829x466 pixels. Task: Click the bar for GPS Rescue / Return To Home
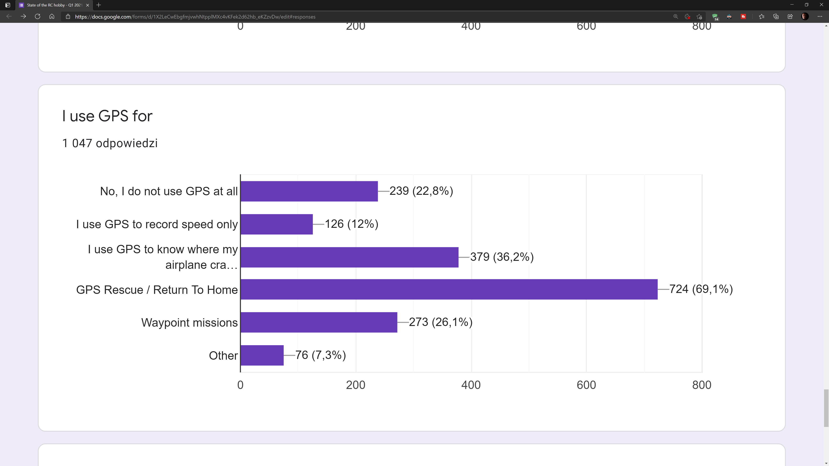click(449, 289)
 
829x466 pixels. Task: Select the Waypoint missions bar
click(319, 322)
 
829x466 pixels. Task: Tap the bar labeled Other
click(262, 355)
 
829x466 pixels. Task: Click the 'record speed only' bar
click(276, 224)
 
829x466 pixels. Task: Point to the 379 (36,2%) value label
click(502, 257)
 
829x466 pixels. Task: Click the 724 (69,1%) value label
click(701, 289)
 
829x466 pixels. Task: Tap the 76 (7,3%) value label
click(321, 355)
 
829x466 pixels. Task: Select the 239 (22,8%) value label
click(421, 191)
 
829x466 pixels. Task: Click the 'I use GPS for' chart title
click(107, 116)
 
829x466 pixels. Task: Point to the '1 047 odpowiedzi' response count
click(110, 143)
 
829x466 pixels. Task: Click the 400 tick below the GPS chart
click(471, 385)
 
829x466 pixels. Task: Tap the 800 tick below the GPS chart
click(702, 385)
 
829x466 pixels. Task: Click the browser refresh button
click(38, 16)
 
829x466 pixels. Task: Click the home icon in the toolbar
click(52, 16)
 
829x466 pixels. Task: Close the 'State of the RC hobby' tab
click(87, 5)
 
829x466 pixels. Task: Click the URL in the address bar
click(195, 17)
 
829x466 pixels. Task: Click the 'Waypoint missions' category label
click(189, 323)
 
